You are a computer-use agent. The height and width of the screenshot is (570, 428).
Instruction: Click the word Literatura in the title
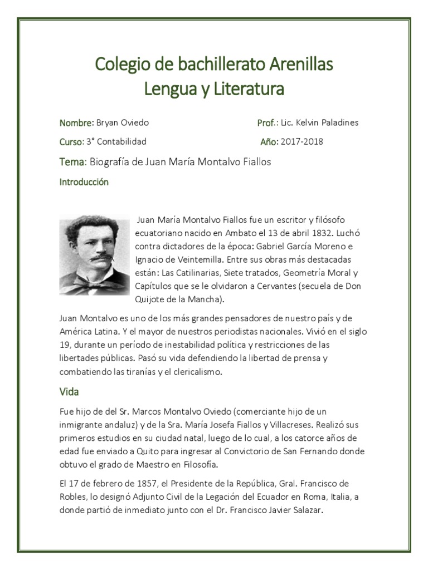click(x=245, y=89)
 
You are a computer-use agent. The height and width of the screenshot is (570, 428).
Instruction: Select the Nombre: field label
click(x=76, y=123)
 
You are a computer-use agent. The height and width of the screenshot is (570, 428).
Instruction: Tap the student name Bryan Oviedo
click(x=123, y=123)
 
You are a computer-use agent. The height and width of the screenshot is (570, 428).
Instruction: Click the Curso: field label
click(x=71, y=142)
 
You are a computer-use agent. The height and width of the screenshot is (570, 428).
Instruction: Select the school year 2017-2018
click(x=302, y=142)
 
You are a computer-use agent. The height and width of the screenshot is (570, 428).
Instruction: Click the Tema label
click(x=72, y=161)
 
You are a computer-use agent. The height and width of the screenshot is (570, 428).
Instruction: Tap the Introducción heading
click(x=84, y=182)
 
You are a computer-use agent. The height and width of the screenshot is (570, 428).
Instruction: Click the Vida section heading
click(x=69, y=392)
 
